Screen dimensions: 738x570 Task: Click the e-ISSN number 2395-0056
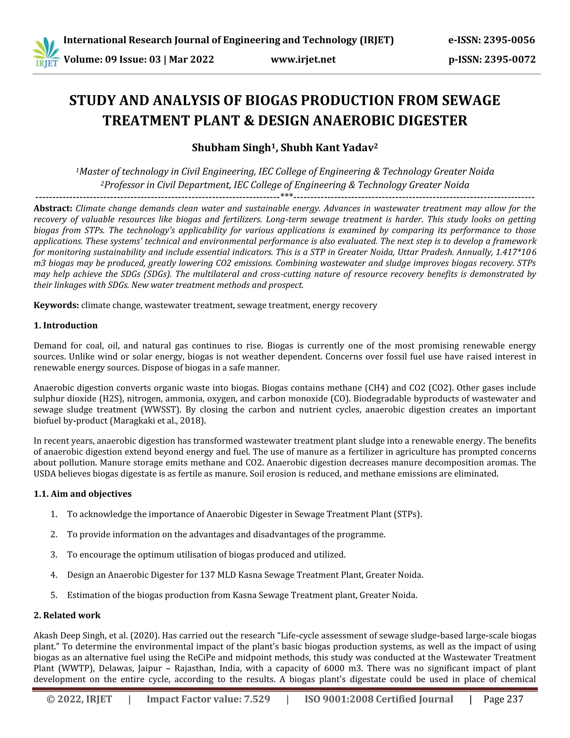pyautogui.click(x=509, y=40)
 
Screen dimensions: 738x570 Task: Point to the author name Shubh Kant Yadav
pyautogui.click(x=329, y=148)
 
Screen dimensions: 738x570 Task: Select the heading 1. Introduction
pyautogui.click(x=65, y=325)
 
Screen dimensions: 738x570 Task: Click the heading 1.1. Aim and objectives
pyautogui.click(x=82, y=494)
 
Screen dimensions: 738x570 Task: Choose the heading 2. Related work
pyautogui.click(x=67, y=615)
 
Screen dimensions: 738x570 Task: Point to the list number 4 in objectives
pyautogui.click(x=53, y=575)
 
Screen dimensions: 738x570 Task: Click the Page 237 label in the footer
pyautogui.click(x=503, y=699)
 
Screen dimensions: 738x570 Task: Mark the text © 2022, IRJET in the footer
pyautogui.click(x=79, y=699)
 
